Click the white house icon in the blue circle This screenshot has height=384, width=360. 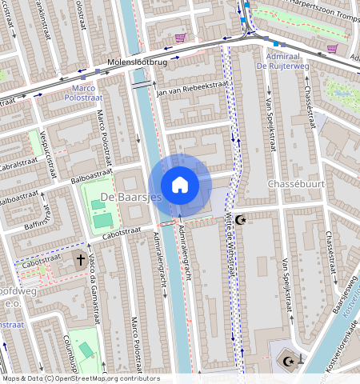tap(181, 185)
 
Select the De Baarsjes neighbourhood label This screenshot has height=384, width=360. tap(131, 197)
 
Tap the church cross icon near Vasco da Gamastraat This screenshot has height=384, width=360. tap(80, 260)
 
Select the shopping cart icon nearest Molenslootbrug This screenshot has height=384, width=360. tap(181, 38)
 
